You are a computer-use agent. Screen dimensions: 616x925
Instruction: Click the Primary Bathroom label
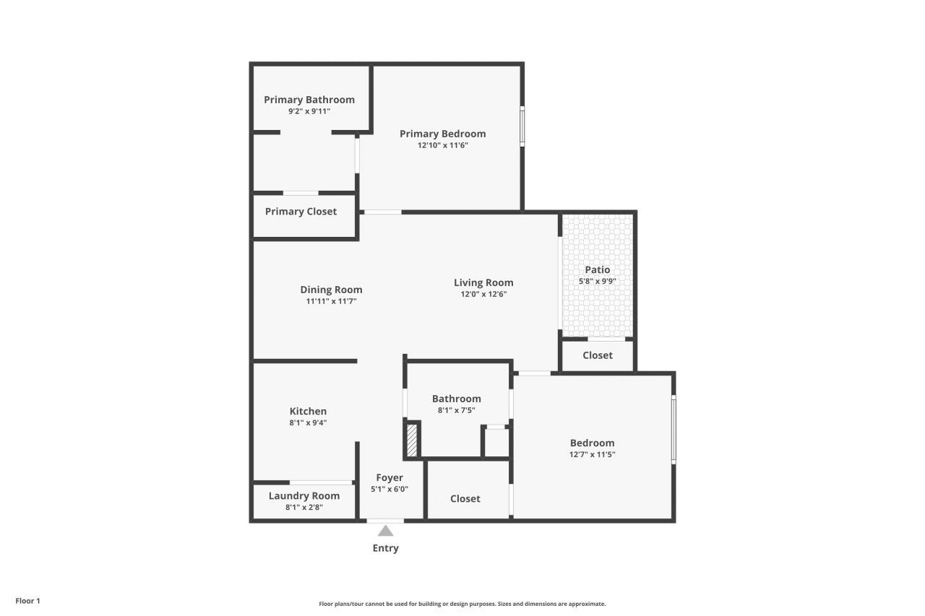pos(309,100)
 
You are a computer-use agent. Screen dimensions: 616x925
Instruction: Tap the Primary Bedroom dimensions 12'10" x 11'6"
pos(442,145)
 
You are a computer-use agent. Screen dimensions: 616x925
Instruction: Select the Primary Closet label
pos(301,212)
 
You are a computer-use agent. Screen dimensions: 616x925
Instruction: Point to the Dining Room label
pos(331,290)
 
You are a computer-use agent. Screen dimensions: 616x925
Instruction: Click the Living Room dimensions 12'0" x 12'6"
pos(483,294)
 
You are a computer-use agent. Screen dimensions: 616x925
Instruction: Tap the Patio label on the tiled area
pos(597,269)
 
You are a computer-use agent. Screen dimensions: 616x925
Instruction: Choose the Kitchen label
pos(308,411)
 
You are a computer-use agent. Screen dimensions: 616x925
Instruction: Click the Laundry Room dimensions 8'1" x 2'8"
pos(304,507)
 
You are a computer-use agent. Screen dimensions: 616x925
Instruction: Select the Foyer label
pos(390,477)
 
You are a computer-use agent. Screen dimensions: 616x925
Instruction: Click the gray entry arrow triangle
pos(386,531)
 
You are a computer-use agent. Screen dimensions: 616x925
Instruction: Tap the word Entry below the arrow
pos(385,548)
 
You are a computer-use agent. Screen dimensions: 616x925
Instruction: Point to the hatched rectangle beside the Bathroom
pos(412,440)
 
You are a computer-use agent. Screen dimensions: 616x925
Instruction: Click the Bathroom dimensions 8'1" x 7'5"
pos(456,410)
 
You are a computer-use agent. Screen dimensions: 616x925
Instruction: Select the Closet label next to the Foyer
pos(465,498)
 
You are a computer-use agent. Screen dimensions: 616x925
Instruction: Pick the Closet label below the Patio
pos(597,355)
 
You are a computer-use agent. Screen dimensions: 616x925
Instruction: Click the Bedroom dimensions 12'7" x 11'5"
pos(592,454)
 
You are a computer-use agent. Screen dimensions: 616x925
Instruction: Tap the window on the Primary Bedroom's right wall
pos(522,127)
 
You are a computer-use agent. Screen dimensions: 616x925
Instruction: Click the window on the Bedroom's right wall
pos(674,429)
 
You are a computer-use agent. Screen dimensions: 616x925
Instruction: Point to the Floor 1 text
pos(27,601)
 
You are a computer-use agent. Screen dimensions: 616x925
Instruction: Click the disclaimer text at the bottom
pos(462,604)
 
